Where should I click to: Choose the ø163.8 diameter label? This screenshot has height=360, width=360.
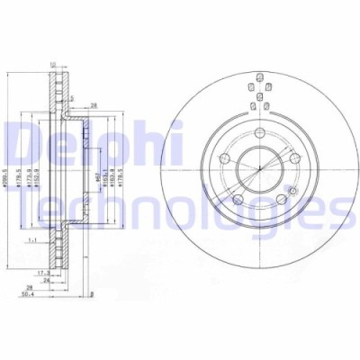pyautogui.click(x=114, y=167)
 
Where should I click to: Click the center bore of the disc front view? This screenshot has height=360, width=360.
pyautogui.click(x=258, y=167)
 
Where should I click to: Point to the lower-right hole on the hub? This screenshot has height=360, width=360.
pyautogui.click(x=281, y=199)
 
